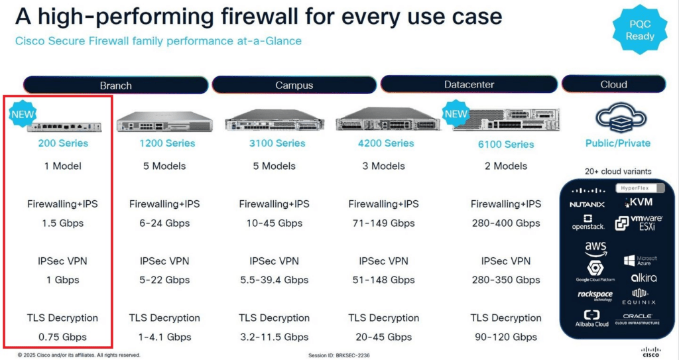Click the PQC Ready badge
click(x=640, y=29)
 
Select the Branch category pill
click(x=115, y=85)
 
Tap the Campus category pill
click(x=294, y=85)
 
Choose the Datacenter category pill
click(x=469, y=84)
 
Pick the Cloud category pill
click(x=613, y=84)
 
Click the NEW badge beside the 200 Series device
click(x=23, y=114)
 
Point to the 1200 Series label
click(x=167, y=143)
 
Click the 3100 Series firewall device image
click(x=275, y=119)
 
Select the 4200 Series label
click(x=386, y=143)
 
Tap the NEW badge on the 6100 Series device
click(x=456, y=113)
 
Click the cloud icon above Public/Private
click(x=621, y=118)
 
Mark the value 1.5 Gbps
click(x=63, y=223)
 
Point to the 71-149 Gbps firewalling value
click(x=384, y=223)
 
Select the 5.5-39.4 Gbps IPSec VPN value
click(x=275, y=280)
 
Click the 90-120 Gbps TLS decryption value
click(x=506, y=337)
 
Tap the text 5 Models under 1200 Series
click(x=164, y=166)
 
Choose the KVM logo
click(x=639, y=202)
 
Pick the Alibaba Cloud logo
click(x=592, y=318)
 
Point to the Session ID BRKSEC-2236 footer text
click(x=339, y=355)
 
